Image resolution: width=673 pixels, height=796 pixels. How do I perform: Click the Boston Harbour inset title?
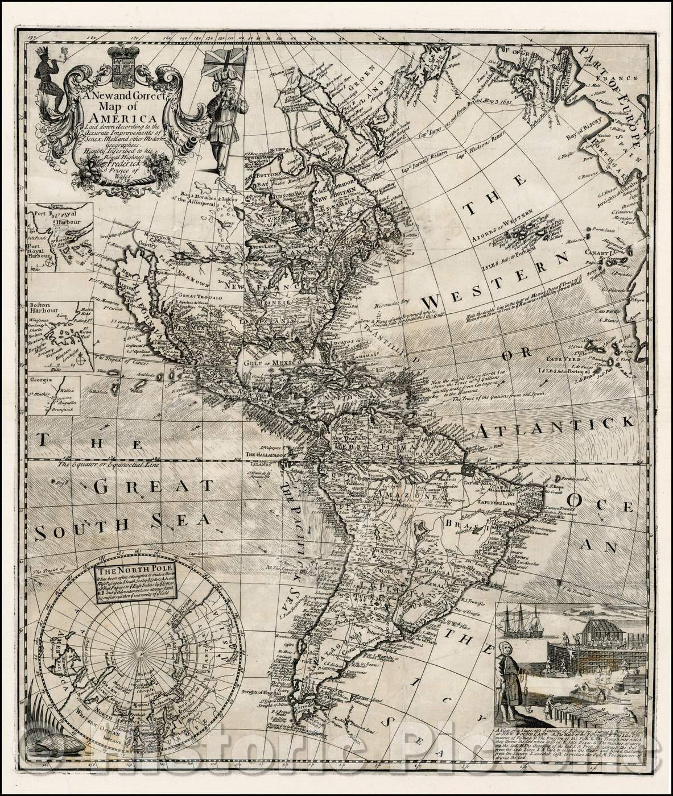(44, 308)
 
